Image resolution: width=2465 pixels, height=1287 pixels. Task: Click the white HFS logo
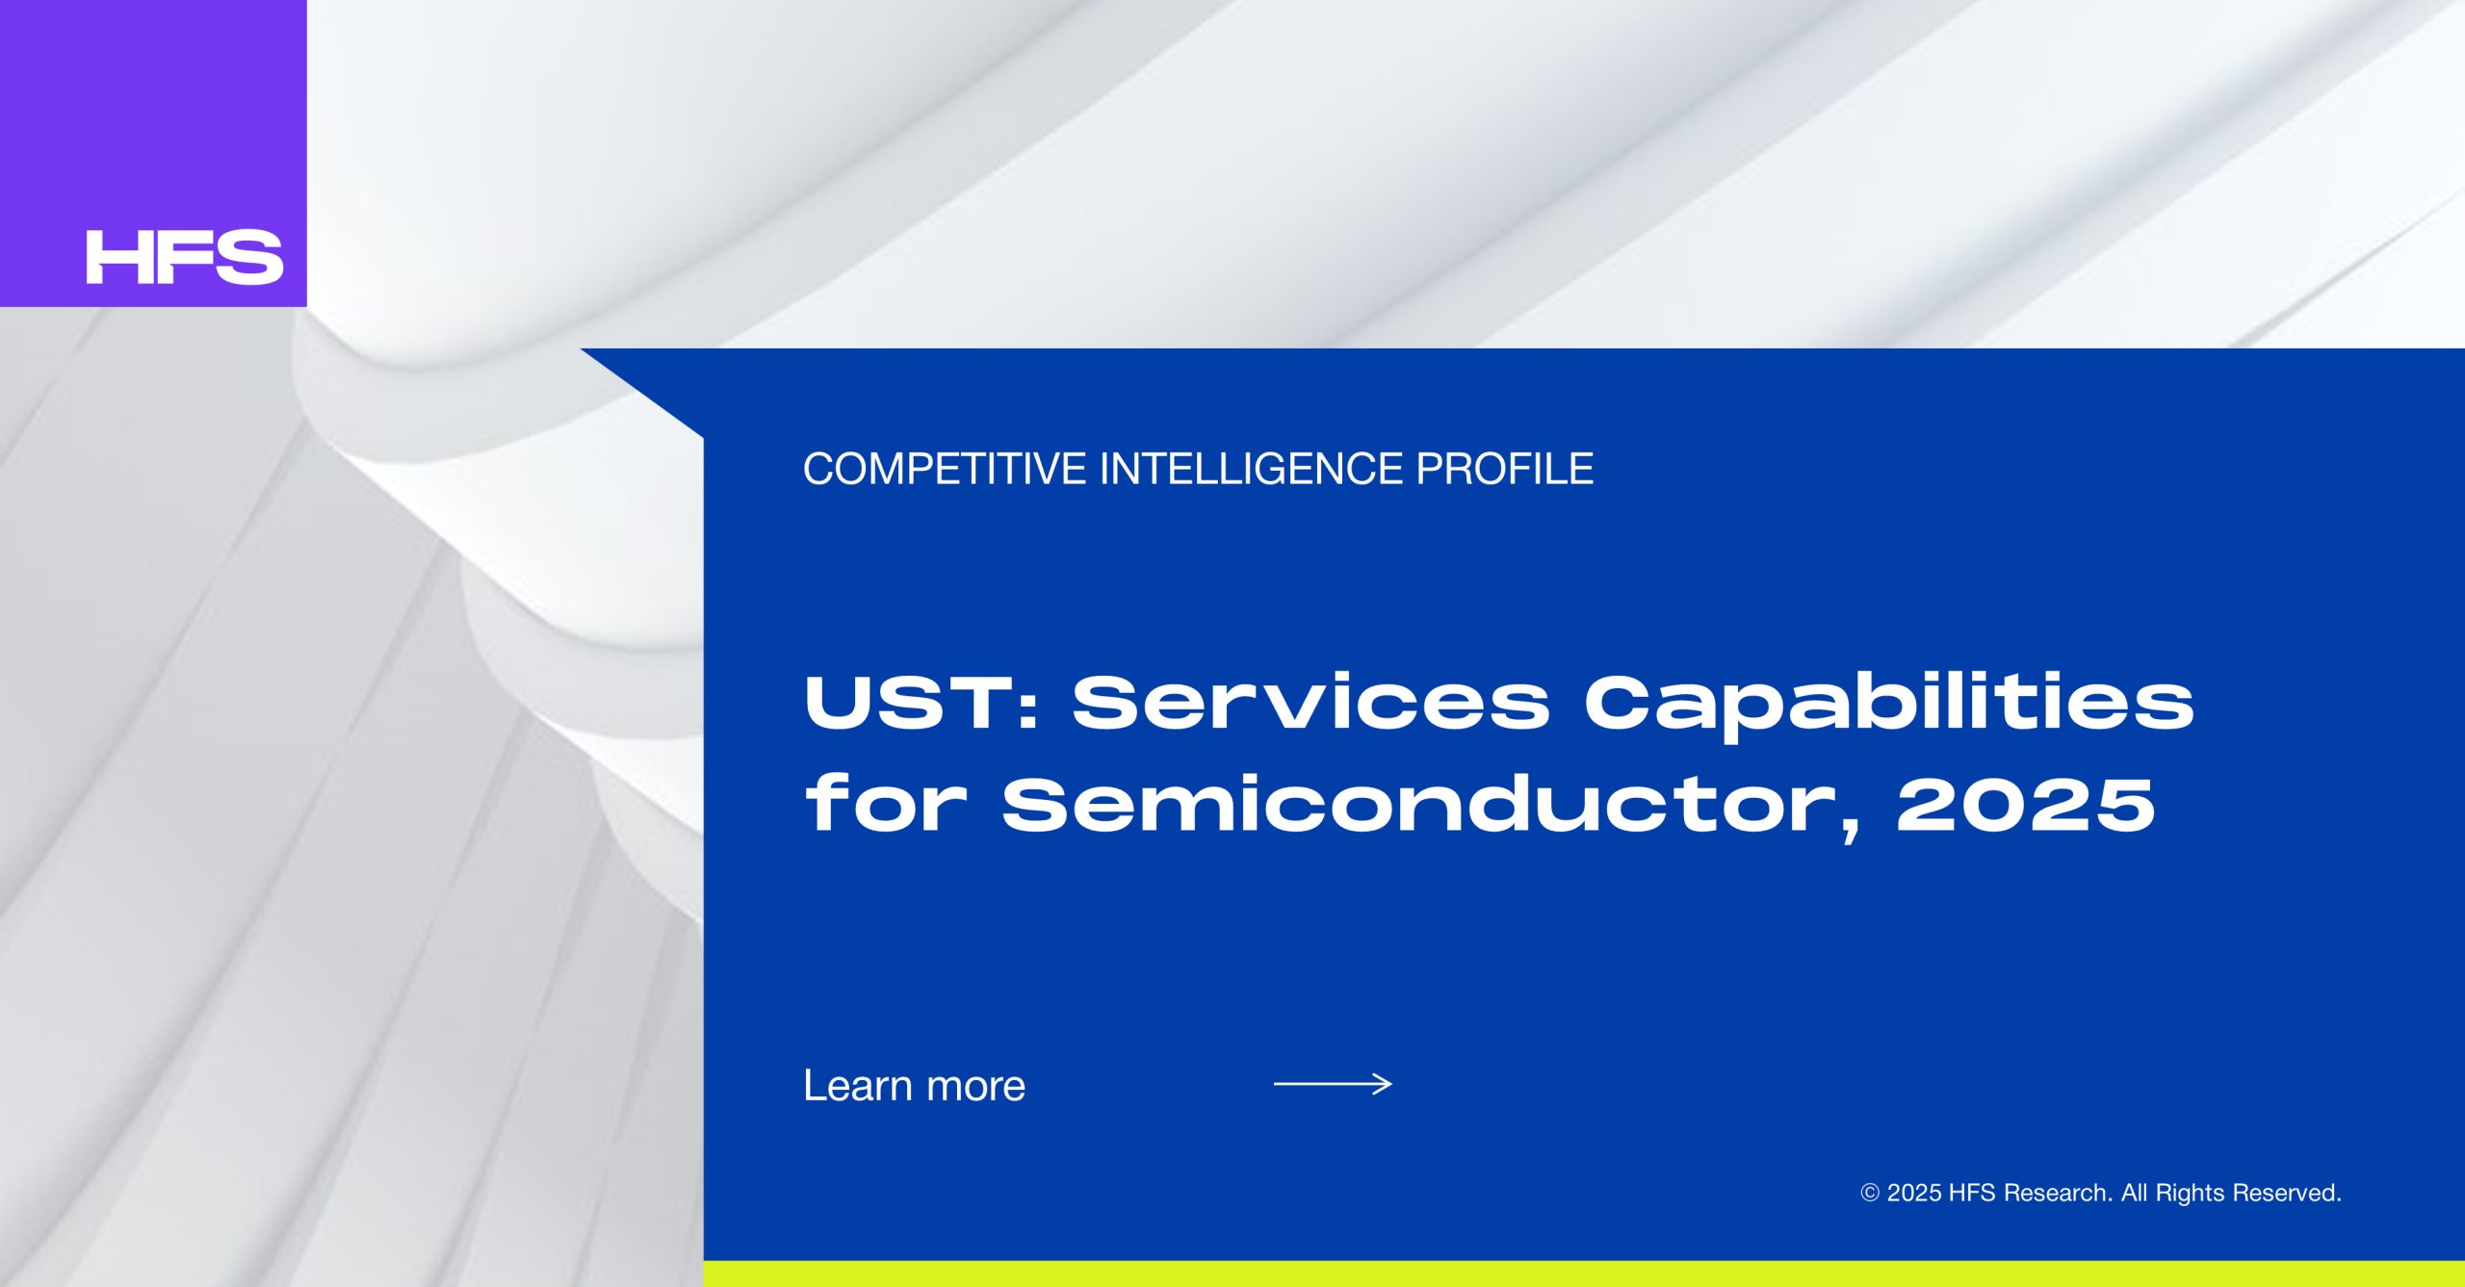pos(185,257)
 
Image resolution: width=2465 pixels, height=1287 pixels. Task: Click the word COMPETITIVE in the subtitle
pos(945,470)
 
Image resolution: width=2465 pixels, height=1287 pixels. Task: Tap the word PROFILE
pos(1504,470)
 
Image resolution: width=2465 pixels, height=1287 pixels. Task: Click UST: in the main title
pos(921,702)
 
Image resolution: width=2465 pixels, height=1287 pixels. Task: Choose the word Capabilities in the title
pos(1889,707)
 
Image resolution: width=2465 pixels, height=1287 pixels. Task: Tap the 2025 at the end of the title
pos(2026,804)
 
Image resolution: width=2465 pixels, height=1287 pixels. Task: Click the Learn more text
pos(915,1086)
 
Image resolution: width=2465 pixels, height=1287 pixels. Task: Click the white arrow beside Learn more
pos(1333,1084)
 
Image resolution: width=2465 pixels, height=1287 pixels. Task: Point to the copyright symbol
pos(1870,1193)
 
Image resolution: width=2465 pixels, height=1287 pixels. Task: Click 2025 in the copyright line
pos(1914,1193)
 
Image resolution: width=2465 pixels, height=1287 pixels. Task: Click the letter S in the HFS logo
pos(249,257)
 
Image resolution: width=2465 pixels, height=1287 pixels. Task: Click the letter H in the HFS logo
pos(117,257)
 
